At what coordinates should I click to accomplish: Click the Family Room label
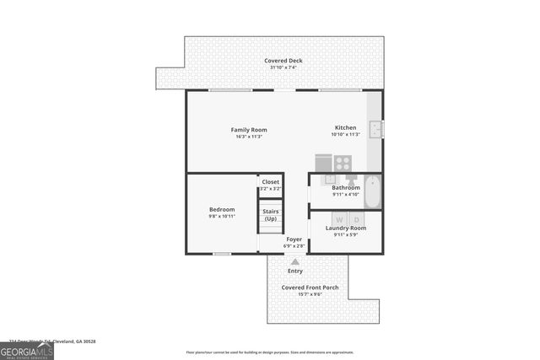(x=249, y=129)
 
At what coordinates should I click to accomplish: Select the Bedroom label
(x=222, y=209)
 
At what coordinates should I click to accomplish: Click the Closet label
(x=270, y=181)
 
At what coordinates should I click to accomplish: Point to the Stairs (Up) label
(x=271, y=215)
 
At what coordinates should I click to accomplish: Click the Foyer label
(x=294, y=239)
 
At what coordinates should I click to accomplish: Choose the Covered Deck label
(x=283, y=61)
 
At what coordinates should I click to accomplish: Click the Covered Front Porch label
(x=310, y=287)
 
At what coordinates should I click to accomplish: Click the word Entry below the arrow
(x=295, y=271)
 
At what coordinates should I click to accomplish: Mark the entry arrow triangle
(x=295, y=262)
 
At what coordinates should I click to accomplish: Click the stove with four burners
(x=343, y=163)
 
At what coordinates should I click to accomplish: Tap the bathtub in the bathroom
(x=374, y=191)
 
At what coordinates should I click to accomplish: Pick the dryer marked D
(x=356, y=219)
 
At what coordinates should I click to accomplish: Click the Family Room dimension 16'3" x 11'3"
(x=249, y=136)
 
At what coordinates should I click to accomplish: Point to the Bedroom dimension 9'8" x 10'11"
(x=222, y=216)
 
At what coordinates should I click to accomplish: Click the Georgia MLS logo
(x=26, y=350)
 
